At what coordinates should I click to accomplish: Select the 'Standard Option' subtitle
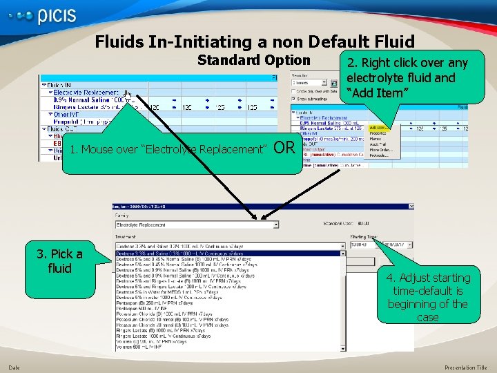[x=253, y=60]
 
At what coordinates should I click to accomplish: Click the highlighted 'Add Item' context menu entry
[x=378, y=127]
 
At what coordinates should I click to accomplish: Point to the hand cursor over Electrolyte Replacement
[x=127, y=93]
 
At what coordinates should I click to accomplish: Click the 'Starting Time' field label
[x=364, y=236]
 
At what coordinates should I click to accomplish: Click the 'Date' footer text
[x=14, y=367]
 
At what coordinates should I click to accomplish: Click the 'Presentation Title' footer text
[x=466, y=367]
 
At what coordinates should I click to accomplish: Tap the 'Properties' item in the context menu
[x=378, y=133]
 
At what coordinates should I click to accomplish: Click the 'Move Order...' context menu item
[x=380, y=149]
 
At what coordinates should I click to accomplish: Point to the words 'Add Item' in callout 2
[x=387, y=92]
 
